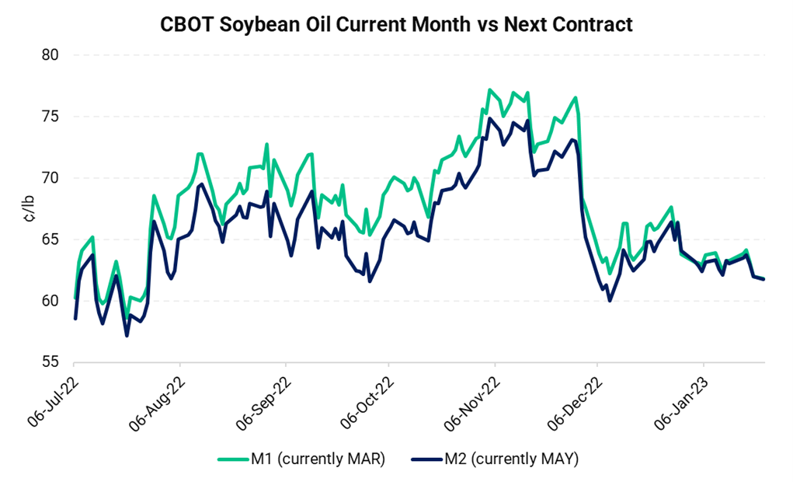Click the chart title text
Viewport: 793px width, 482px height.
(396, 24)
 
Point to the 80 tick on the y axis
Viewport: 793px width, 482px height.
(51, 55)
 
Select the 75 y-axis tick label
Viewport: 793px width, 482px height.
(51, 117)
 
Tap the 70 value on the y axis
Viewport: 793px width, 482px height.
(51, 178)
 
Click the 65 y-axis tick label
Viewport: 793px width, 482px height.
(51, 239)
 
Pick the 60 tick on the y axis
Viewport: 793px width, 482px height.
(51, 301)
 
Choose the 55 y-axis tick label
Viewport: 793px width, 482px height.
(51, 362)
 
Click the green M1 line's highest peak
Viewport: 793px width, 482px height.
(489, 89)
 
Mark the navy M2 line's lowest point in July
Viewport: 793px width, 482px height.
(127, 336)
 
